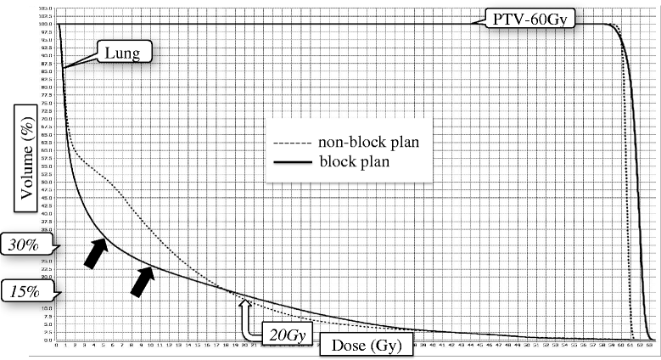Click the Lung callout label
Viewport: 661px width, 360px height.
pos(123,53)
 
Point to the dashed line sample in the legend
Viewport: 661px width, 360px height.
pos(293,143)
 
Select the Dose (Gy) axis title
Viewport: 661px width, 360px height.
pos(367,345)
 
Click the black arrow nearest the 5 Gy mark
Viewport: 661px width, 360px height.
pos(97,253)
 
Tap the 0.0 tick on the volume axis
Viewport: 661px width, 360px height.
pos(48,340)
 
